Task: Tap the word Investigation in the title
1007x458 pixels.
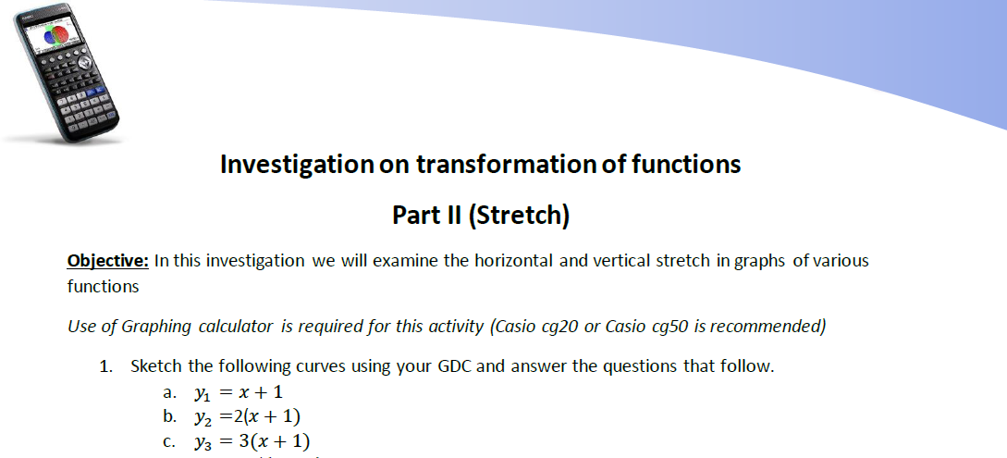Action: click(297, 165)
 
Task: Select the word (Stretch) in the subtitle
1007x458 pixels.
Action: click(519, 216)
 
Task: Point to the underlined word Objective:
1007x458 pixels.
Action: click(108, 261)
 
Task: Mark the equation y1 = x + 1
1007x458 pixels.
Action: click(239, 392)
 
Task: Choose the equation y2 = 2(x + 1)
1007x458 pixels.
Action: click(247, 417)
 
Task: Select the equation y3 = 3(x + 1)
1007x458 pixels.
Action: click(252, 442)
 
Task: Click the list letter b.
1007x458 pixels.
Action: click(169, 416)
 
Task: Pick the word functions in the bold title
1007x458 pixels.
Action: click(686, 164)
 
